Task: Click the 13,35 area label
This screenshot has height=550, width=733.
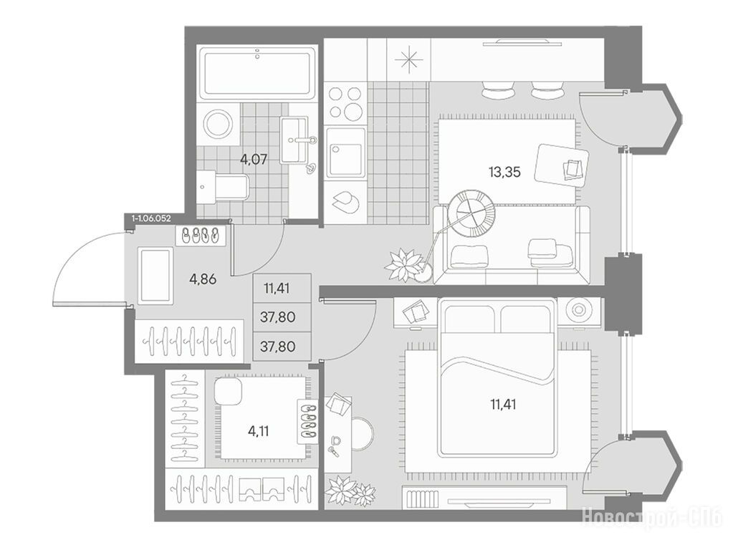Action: (x=504, y=173)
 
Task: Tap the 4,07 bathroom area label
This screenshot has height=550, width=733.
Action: (x=254, y=160)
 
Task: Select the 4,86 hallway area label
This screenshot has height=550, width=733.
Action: (x=203, y=281)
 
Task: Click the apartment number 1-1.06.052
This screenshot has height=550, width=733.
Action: (x=151, y=218)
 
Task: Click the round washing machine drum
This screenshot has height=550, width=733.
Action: (x=219, y=124)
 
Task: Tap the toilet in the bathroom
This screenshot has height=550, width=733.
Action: (x=224, y=186)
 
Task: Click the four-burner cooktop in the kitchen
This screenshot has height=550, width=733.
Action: (x=345, y=103)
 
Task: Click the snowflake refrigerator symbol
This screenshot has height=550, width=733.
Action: (x=409, y=60)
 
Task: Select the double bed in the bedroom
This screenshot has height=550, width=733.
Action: (x=497, y=377)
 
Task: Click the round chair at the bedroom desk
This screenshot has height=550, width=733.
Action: (x=363, y=434)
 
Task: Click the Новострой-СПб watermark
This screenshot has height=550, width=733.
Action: (x=652, y=517)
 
